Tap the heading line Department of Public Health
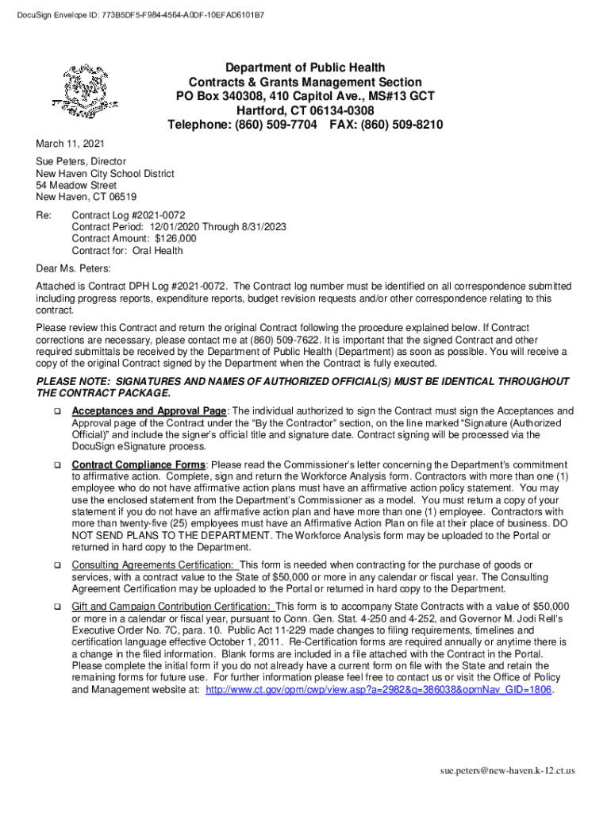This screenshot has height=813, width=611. [305, 67]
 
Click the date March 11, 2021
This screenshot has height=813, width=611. [68, 145]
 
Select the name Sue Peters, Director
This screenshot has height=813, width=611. [80, 162]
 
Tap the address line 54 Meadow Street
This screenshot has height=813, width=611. [76, 186]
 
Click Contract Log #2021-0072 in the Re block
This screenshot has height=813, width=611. [129, 215]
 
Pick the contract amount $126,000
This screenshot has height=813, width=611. [175, 238]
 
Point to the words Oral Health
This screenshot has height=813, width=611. [157, 251]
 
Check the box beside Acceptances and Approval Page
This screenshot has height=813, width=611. [57, 412]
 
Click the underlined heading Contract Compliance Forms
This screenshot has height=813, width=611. [138, 464]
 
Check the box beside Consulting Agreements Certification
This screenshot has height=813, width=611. [57, 565]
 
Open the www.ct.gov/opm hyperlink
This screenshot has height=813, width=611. [379, 690]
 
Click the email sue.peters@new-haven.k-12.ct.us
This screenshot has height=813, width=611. [509, 770]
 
